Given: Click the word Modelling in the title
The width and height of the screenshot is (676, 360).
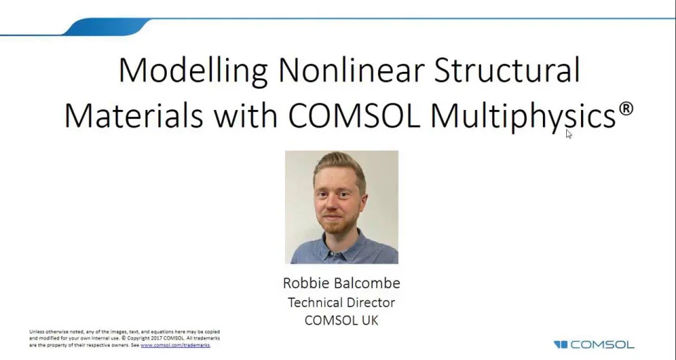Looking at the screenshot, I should point(193,70).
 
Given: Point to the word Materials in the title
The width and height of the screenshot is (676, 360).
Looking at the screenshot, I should point(134,115).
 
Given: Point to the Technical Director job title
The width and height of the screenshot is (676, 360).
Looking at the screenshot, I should point(342,302).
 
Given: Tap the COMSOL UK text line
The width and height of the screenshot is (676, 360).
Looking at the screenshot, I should point(342,320).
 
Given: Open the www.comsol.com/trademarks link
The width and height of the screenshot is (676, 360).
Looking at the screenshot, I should point(175,345).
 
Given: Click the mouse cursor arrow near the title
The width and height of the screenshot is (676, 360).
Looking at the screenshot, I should point(568,133).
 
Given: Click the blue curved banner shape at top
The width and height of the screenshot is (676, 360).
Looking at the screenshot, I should point(106,27).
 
